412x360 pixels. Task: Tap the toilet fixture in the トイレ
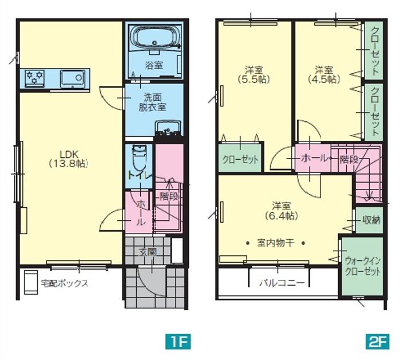point(139,158)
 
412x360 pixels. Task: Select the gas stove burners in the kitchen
point(35,77)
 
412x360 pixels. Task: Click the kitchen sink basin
point(73,78)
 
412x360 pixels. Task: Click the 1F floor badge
point(178,342)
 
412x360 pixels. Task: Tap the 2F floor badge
point(377,342)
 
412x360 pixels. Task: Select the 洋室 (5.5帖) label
point(254,75)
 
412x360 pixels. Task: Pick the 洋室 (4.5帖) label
point(324,75)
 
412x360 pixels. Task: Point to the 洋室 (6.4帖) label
point(282,211)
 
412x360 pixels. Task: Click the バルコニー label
point(283,283)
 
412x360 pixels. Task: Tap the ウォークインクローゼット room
point(362,266)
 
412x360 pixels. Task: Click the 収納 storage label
point(371,220)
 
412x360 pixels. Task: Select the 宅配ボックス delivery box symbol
point(31,282)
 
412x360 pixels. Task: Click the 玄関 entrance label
point(148,252)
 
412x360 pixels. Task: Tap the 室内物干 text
point(275,243)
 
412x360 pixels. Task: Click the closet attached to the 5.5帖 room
point(240,157)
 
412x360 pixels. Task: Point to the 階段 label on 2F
point(348,159)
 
